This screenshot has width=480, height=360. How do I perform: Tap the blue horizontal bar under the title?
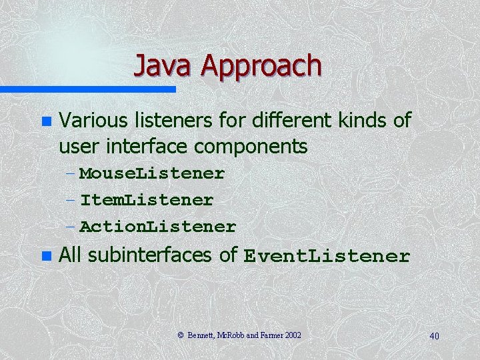coord(87,89)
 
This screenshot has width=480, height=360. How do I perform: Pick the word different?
coord(293,121)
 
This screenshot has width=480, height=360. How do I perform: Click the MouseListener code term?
coord(152,173)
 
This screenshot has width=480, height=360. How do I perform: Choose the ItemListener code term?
coord(147,200)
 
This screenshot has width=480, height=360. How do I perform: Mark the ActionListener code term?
coord(158,227)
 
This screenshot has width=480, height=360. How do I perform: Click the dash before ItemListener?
coord(71,200)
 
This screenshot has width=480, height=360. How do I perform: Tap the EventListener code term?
coord(327,256)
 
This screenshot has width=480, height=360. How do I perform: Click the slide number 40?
coord(434,335)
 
